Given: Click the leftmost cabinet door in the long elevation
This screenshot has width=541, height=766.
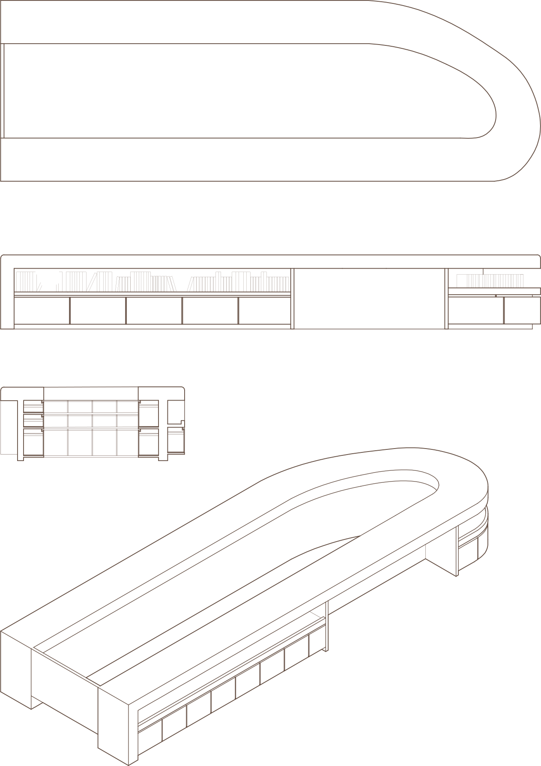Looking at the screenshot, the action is [42, 310].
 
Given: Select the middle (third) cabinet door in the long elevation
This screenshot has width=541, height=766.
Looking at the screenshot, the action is [154, 310].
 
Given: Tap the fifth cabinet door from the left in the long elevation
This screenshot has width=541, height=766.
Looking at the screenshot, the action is [264, 310].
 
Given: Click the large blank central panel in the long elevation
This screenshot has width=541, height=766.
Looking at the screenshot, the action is [370, 298].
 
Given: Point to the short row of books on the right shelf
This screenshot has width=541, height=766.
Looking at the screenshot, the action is [490, 281].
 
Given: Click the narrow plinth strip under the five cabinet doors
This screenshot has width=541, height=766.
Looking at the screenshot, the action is [152, 326].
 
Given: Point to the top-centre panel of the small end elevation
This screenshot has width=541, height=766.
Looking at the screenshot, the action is [91, 393].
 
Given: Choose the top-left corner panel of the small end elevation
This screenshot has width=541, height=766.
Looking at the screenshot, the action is [22, 393].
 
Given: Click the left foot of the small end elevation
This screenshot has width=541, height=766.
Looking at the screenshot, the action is [20, 458].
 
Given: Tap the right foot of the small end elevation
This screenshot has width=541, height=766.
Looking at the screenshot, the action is [163, 458].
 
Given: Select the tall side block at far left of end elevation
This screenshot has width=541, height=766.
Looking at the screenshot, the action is [7, 426].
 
